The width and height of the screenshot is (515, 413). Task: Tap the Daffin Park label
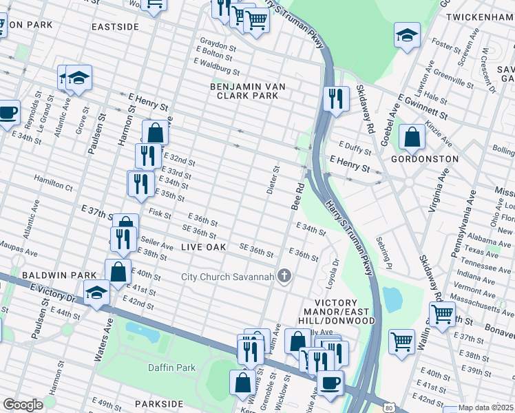coord(171,368)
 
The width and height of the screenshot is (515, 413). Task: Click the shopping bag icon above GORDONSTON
coord(412,137)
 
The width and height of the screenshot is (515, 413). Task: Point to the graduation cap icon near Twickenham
coord(407,36)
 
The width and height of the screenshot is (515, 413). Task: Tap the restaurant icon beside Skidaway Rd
coord(335,98)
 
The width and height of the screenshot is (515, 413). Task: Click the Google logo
coord(23,405)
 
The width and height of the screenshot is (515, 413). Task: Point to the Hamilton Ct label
coord(54,186)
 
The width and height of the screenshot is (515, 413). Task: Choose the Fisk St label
coord(160,215)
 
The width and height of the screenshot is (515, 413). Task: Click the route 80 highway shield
coord(389,408)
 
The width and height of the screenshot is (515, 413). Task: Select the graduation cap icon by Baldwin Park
coord(96,293)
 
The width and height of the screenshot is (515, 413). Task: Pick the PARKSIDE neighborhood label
coord(159,403)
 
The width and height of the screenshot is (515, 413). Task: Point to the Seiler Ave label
coord(158,244)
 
